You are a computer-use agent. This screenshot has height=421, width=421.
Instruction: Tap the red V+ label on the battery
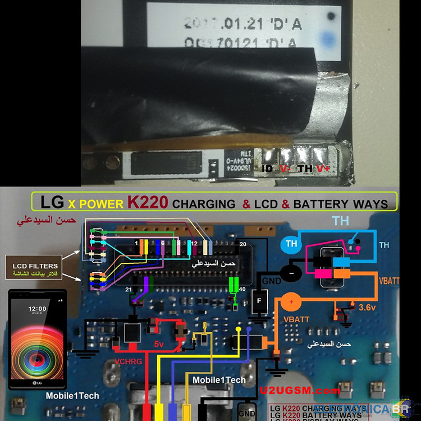tap(322, 168)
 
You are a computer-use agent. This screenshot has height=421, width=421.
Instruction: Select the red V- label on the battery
tap(285, 168)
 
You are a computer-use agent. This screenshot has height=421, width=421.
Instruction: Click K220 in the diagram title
tap(148, 202)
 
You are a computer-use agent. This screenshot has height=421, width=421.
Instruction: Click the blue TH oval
tap(291, 244)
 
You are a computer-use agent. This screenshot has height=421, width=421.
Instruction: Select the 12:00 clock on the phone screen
tap(38, 308)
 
